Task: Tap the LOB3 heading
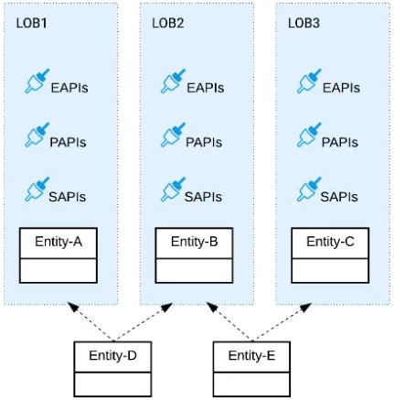coord(303,21)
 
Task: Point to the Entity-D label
coord(112,354)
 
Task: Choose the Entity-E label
coord(251,354)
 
